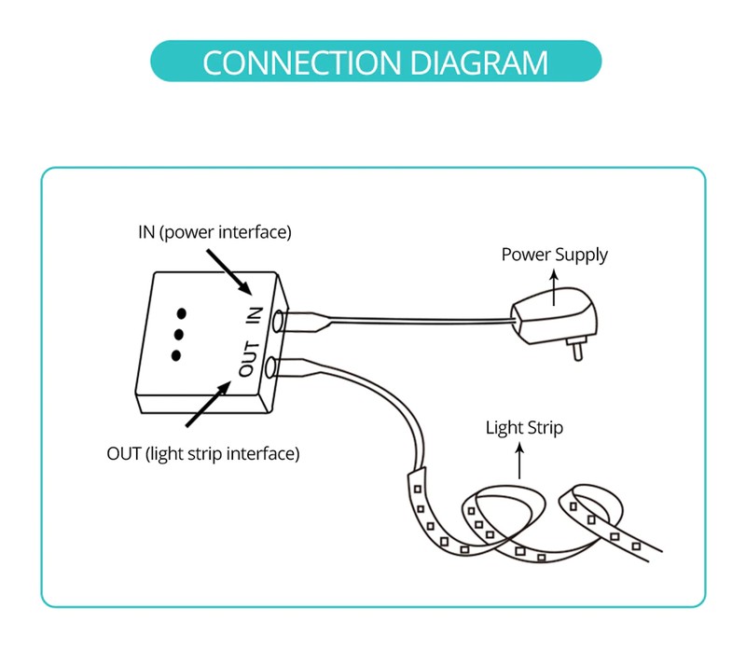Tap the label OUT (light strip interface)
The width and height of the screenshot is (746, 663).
(x=203, y=455)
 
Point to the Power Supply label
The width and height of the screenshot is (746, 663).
(x=554, y=255)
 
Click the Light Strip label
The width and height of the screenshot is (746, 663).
(x=524, y=428)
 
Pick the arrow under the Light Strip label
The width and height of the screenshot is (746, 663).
(x=520, y=460)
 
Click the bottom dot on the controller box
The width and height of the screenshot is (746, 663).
(x=175, y=354)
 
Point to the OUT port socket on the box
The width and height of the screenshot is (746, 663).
(x=271, y=366)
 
